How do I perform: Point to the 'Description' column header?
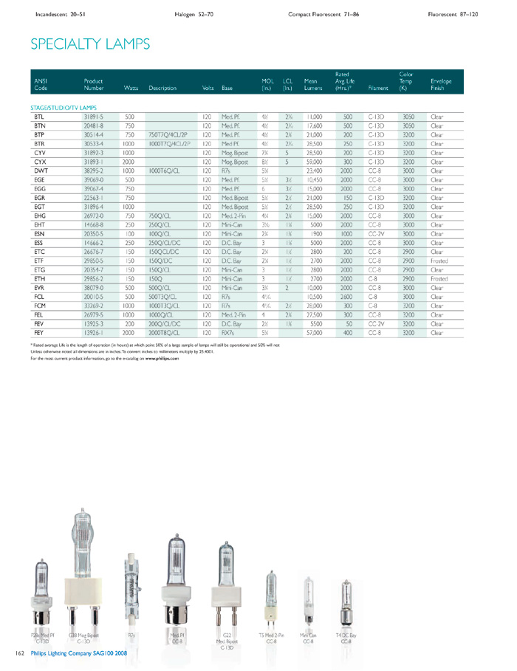coord(162,88)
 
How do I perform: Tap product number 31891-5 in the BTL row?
coord(94,117)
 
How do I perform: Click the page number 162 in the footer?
coord(20,653)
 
